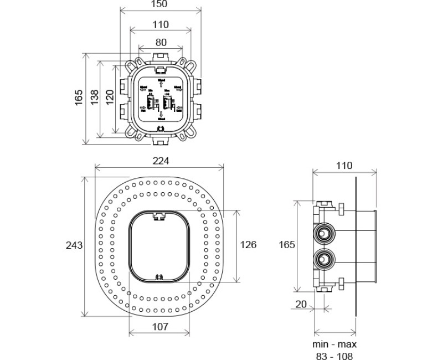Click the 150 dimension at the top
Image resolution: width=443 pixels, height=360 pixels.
point(159,4)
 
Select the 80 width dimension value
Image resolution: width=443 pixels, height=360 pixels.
point(160,42)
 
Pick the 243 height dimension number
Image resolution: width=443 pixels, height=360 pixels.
point(74,245)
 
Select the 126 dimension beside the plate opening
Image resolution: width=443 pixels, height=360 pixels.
point(249,244)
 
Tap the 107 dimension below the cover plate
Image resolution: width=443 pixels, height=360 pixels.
point(160,327)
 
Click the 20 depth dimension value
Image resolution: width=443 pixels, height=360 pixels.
point(301,304)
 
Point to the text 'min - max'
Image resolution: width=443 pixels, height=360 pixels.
point(333,344)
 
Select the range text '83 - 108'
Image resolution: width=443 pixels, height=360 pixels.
point(333,356)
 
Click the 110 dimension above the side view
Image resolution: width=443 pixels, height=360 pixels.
point(344,166)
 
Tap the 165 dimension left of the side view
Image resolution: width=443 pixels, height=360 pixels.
point(286,244)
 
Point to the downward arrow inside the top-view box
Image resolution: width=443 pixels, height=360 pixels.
point(161,113)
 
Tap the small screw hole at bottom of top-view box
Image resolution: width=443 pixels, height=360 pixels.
point(161,129)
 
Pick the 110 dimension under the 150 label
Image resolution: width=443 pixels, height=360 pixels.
point(160,24)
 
